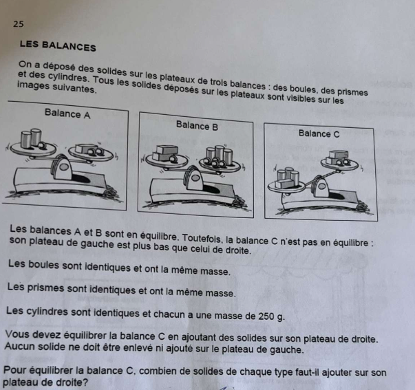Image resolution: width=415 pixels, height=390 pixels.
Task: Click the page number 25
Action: pyautogui.click(x=19, y=24)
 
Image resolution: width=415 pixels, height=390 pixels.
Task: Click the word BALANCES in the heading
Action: pyautogui.click(x=69, y=46)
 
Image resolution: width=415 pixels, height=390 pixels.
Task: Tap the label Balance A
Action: pyautogui.click(x=67, y=113)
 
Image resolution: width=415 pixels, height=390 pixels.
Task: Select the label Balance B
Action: pyautogui.click(x=197, y=126)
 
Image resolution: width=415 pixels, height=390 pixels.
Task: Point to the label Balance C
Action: pyautogui.click(x=319, y=133)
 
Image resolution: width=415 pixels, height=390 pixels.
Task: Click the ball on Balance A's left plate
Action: pyautogui.click(x=41, y=144)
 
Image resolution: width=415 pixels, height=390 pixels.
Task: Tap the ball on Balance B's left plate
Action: pyautogui.click(x=172, y=160)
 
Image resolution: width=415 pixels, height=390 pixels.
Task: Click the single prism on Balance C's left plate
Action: pyautogui.click(x=284, y=184)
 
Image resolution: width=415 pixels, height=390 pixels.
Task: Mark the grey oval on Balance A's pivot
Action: pyautogui.click(x=63, y=167)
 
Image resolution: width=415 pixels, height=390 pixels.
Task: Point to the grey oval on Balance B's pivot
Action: pyautogui.click(x=195, y=177)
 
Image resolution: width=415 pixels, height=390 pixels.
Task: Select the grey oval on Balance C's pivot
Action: pyautogui.click(x=322, y=186)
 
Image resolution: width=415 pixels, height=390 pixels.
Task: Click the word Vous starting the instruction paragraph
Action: pyautogui.click(x=17, y=334)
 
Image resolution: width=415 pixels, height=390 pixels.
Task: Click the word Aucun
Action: pyautogui.click(x=20, y=346)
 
